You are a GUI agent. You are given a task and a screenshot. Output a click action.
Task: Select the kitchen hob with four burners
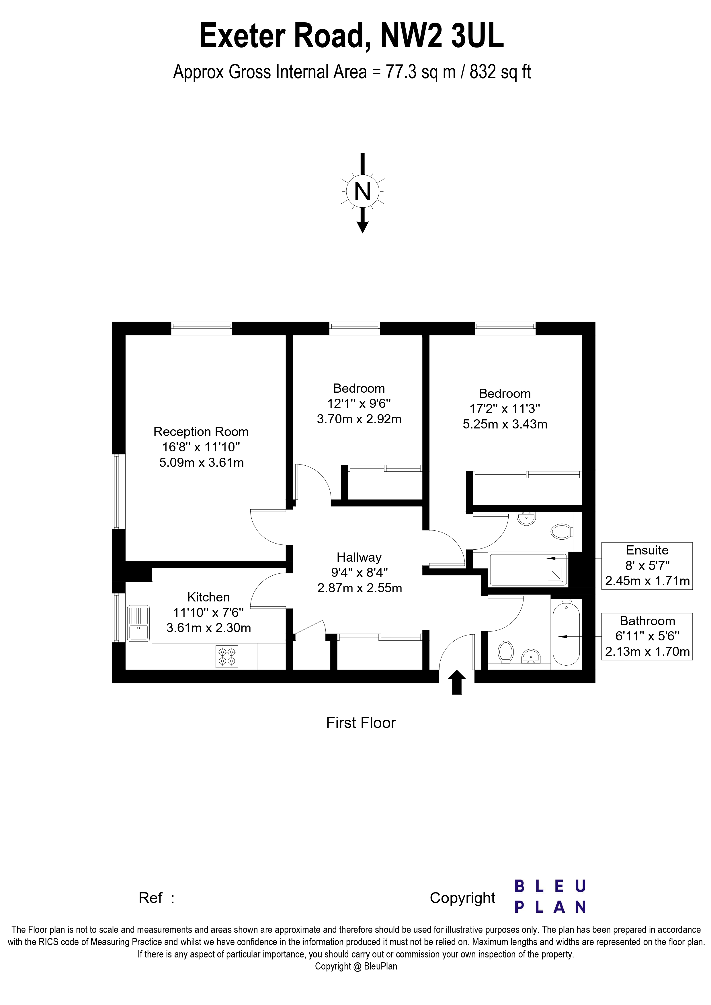click(x=227, y=656)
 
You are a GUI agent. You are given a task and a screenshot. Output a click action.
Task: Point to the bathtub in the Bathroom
click(x=567, y=633)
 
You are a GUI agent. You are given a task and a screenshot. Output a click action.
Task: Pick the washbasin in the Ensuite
click(x=526, y=519)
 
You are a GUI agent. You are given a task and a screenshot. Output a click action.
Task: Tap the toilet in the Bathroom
click(x=506, y=651)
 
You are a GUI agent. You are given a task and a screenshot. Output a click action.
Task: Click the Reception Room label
click(x=201, y=432)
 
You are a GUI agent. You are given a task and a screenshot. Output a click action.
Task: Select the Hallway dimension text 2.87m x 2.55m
click(x=360, y=588)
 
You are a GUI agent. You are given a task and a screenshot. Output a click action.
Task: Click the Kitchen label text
click(x=208, y=597)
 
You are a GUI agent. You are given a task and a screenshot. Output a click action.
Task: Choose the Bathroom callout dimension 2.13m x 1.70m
click(x=647, y=652)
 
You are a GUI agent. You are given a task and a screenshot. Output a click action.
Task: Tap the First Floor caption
click(x=361, y=723)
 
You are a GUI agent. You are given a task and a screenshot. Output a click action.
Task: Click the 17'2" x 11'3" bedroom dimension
click(x=505, y=408)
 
